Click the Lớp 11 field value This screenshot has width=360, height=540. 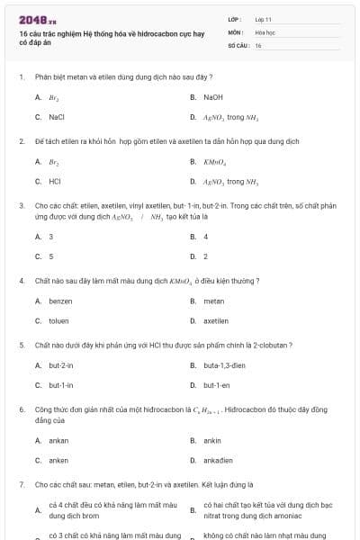[263, 19]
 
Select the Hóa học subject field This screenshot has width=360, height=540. [265, 31]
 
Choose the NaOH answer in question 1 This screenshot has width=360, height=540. [212, 96]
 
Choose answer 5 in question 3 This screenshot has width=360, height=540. [51, 256]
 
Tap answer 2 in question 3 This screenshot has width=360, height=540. [205, 256]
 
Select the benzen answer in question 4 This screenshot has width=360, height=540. [60, 301]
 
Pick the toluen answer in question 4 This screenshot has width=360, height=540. [58, 320]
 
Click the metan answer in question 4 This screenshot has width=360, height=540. [213, 301]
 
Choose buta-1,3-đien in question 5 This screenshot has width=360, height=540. [224, 365]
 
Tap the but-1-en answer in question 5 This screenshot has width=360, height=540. [216, 384]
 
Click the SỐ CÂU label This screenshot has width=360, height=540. [238, 44]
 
